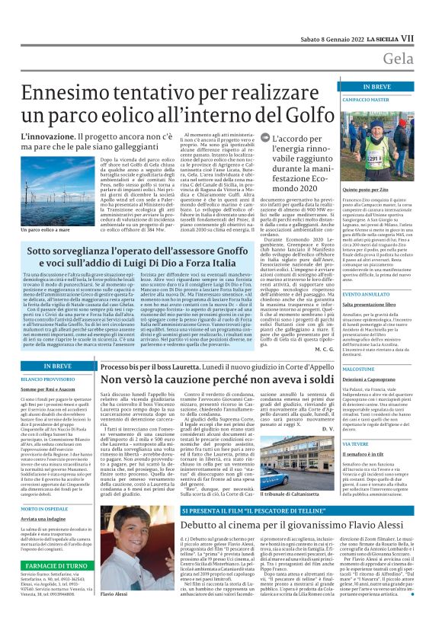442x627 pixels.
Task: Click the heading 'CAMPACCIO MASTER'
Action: [386, 100]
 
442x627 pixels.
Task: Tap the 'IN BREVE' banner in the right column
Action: [386, 87]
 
